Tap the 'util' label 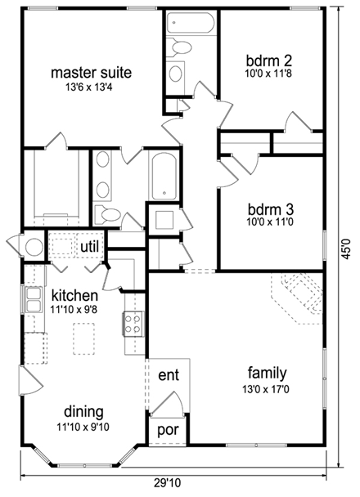point(89,246)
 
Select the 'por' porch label point(168,429)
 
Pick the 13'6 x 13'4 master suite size point(91,86)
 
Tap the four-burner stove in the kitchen point(133,323)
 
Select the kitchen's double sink point(34,301)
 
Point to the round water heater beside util point(34,246)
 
